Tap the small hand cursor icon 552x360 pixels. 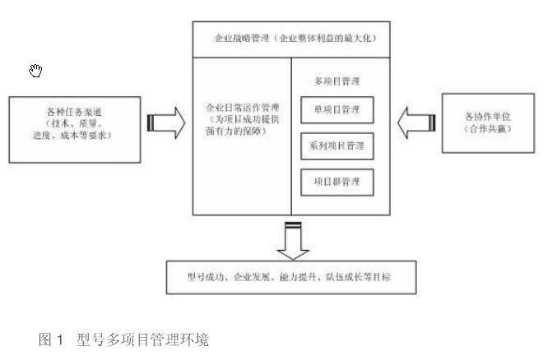[35, 71]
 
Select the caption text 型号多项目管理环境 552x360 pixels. [141, 339]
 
